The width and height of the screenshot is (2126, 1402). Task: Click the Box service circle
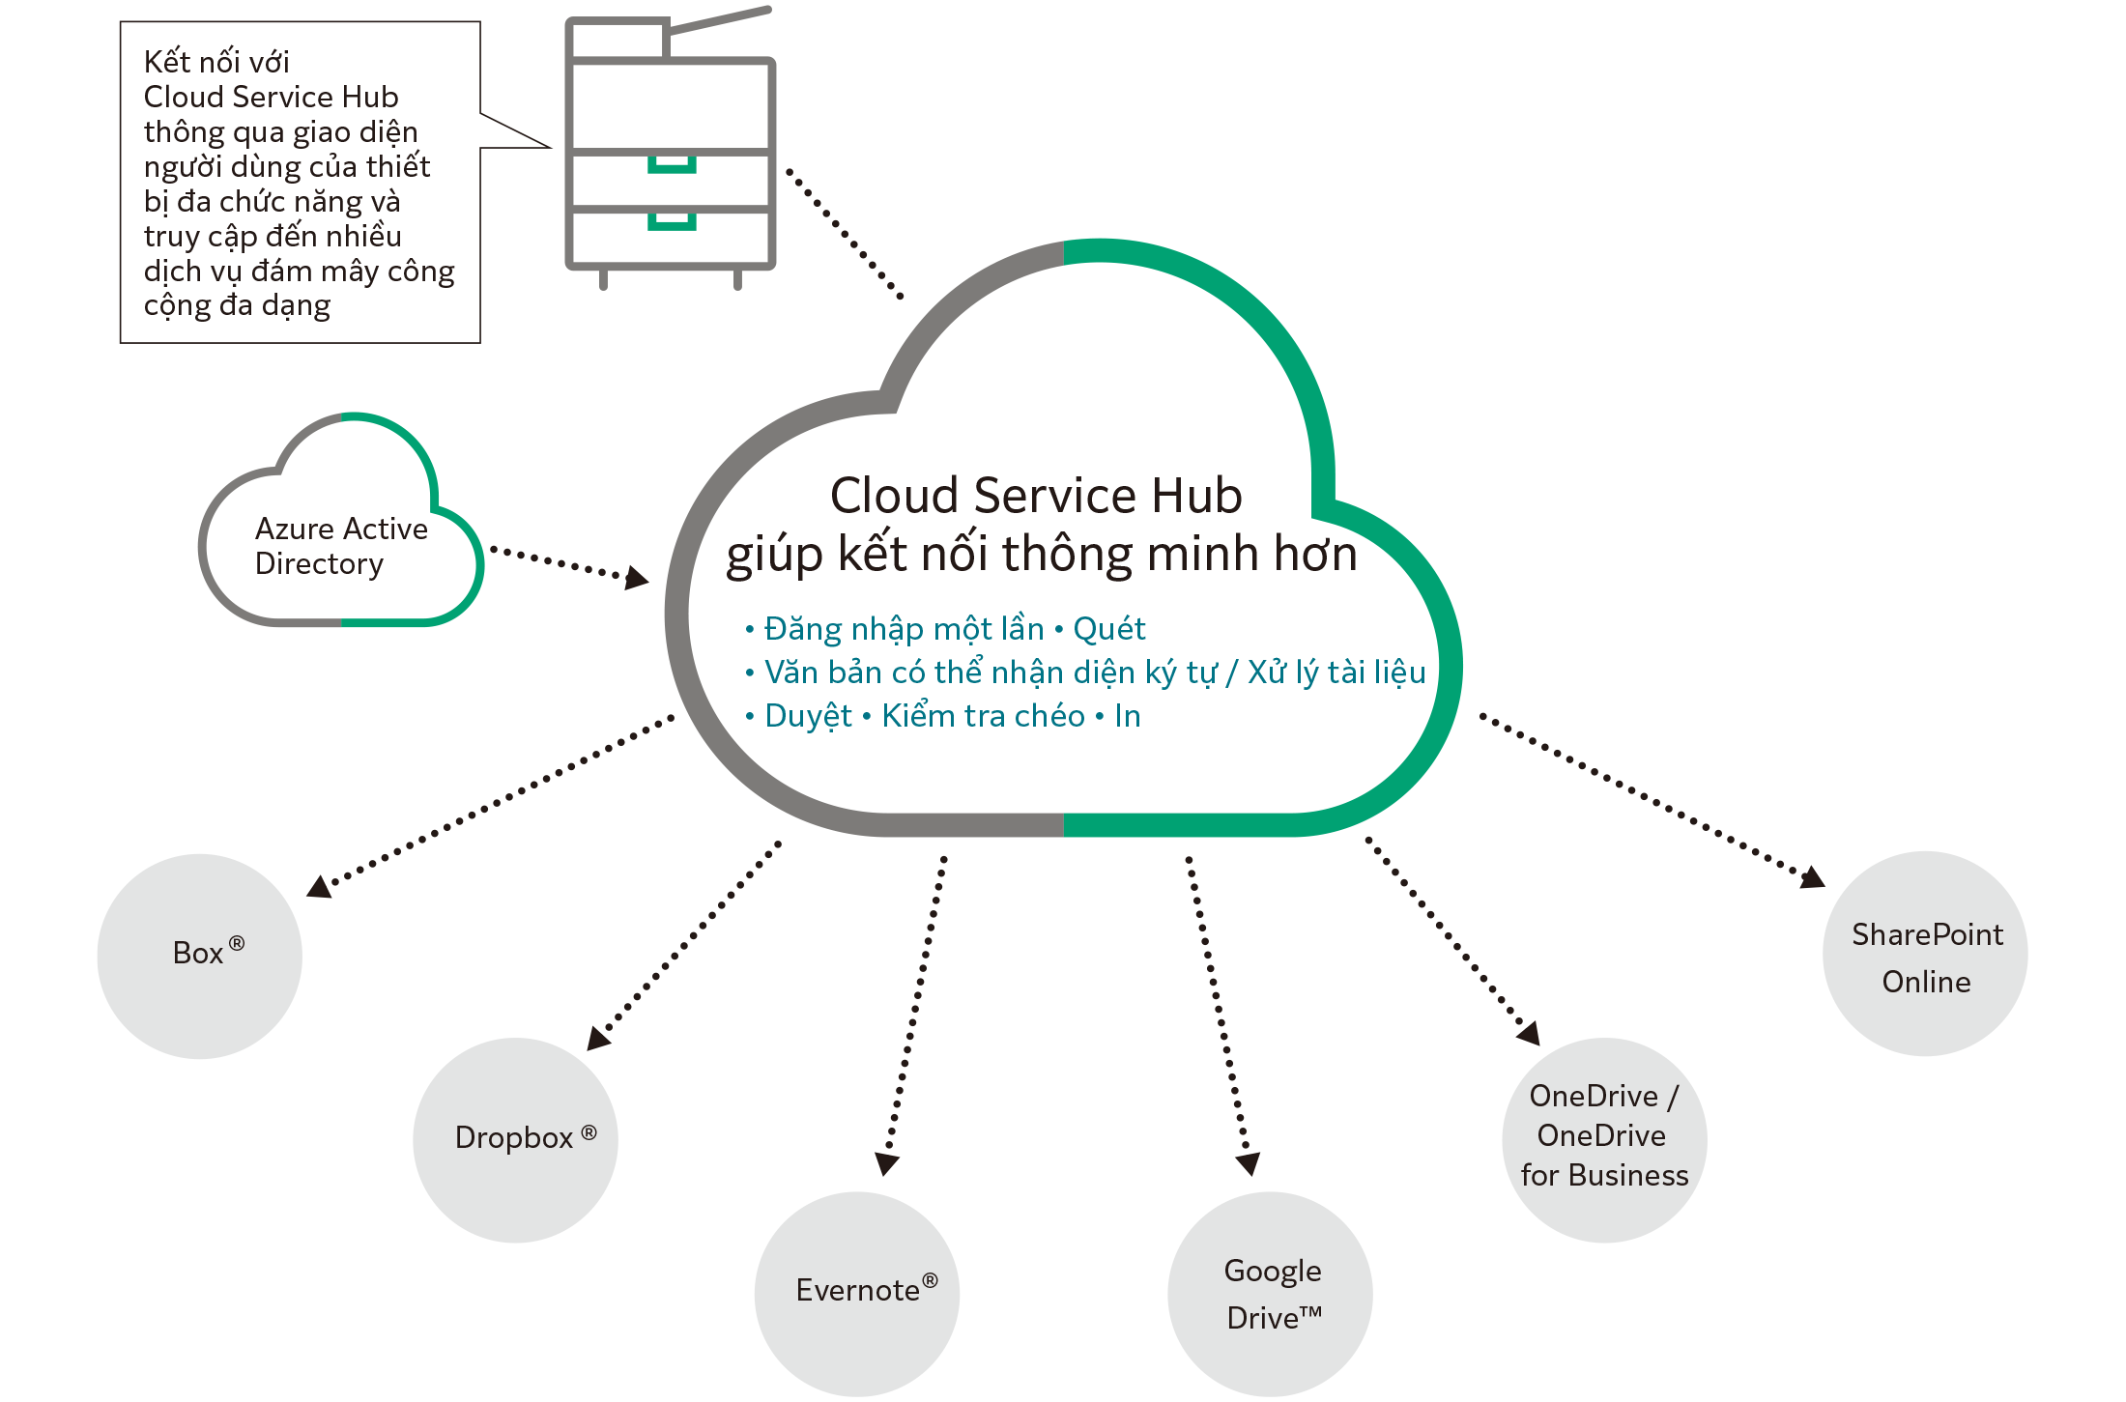click(x=199, y=956)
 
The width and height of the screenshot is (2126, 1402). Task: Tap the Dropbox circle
click(x=515, y=1140)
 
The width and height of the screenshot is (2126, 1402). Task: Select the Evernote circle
click(x=856, y=1293)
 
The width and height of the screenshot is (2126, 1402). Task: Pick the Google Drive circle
click(x=1270, y=1294)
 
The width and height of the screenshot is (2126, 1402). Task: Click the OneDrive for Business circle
click(x=1603, y=1139)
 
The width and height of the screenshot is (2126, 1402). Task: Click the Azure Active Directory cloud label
click(x=339, y=546)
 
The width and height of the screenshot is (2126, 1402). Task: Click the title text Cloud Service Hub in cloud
click(x=1035, y=496)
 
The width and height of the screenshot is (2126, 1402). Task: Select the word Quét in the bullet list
click(x=1108, y=630)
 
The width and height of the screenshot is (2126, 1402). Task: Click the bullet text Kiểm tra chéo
click(x=983, y=716)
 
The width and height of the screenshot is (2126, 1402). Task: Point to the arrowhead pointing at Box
click(x=319, y=886)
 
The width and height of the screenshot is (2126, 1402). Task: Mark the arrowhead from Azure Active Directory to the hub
click(x=637, y=578)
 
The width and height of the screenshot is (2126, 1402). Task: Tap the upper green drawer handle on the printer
click(x=672, y=165)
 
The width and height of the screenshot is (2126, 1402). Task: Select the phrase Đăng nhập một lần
click(x=904, y=630)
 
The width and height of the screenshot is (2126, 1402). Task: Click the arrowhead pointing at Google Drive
click(x=1249, y=1162)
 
